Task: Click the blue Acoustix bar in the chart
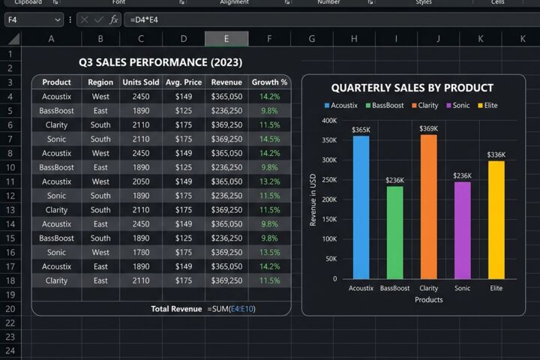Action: pos(361,207)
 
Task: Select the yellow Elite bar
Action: pos(496,220)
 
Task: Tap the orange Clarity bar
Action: pos(428,207)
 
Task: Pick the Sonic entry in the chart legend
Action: pos(458,106)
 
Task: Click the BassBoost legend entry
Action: pos(385,106)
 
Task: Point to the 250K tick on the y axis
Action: pos(329,180)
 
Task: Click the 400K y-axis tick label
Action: pos(329,121)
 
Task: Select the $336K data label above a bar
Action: pos(496,154)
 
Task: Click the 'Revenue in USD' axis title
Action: pos(313,199)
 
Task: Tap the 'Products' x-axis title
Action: pos(429,300)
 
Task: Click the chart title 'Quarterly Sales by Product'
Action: pos(412,88)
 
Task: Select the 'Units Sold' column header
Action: pos(141,82)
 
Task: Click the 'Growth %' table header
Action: pos(269,82)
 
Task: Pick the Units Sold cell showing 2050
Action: pos(141,181)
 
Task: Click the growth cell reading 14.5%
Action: pos(270,139)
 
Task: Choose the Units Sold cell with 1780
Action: pos(141,253)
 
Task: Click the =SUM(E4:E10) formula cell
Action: pos(232,309)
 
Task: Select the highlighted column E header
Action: pos(226,38)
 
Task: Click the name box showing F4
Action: pos(34,19)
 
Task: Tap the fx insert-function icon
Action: pos(114,20)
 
